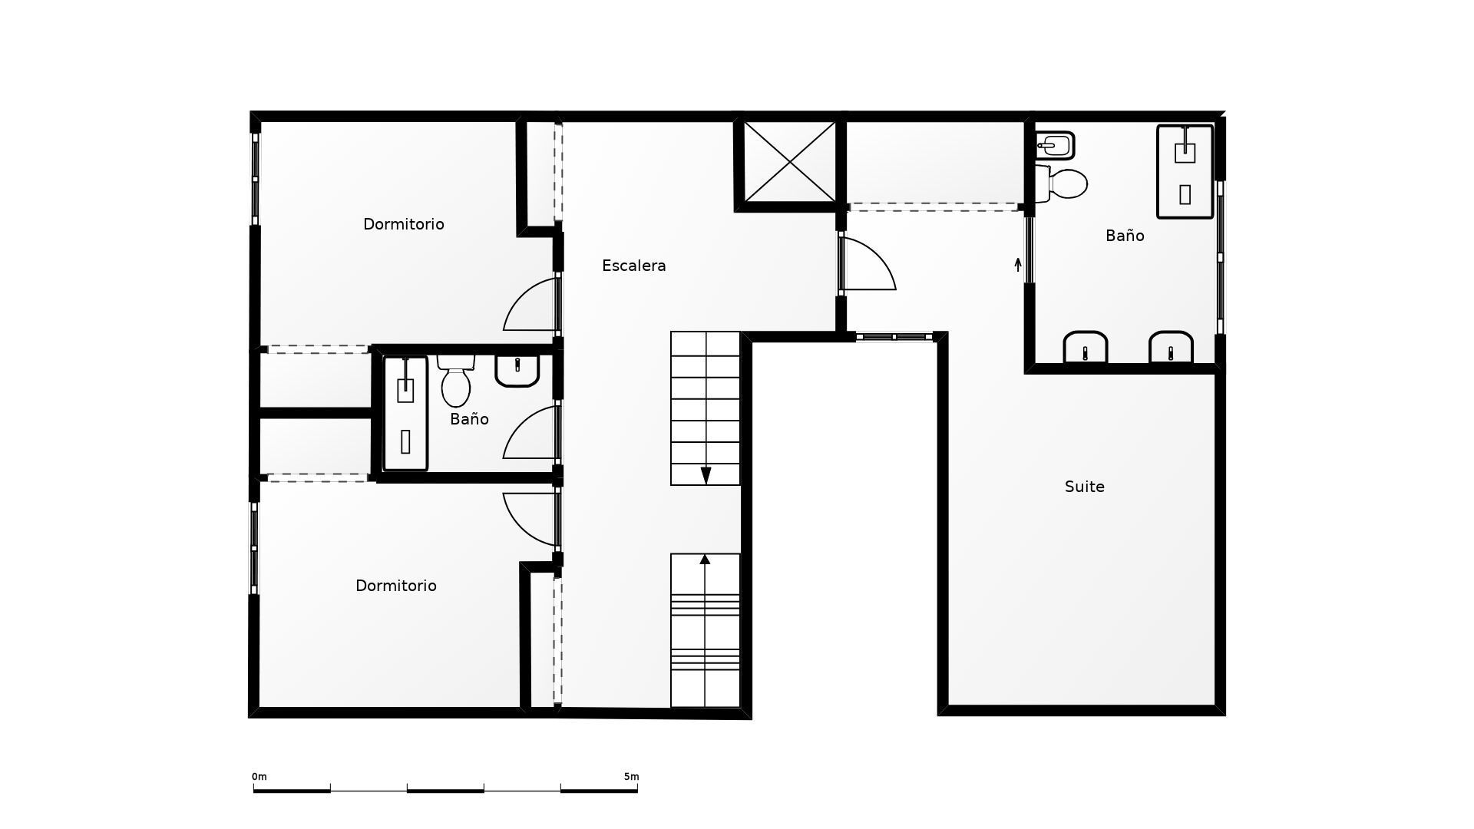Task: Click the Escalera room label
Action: coord(633,266)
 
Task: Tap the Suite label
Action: coord(1084,487)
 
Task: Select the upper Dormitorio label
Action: coord(403,224)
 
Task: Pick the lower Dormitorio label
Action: coord(395,586)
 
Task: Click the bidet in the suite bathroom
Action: coord(1054,144)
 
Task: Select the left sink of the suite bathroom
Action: coord(1085,348)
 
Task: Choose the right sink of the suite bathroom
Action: coord(1170,348)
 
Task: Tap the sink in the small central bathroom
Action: coord(517,369)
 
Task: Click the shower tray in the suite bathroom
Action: coord(1185,172)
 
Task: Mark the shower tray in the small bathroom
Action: coord(405,413)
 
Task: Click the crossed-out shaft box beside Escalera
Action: coord(789,162)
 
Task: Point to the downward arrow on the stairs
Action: coord(706,475)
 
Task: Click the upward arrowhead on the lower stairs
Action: coord(705,560)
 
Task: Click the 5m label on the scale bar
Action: coord(631,777)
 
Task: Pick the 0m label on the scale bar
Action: coord(259,777)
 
